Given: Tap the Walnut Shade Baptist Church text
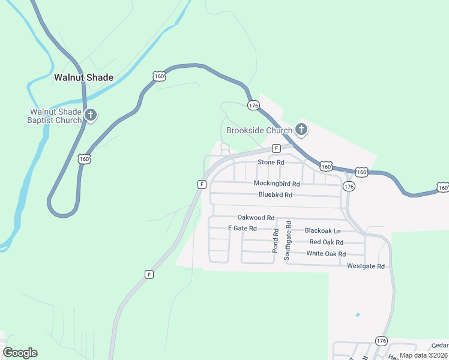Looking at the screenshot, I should [56, 116].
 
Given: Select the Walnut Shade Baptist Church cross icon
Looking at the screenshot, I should [91, 115].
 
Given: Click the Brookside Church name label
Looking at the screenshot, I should [259, 130].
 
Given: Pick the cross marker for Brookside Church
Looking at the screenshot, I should [301, 130].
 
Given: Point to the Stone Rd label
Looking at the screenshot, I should [271, 163].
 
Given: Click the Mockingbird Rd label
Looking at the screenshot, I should [276, 183].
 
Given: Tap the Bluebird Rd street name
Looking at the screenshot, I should [276, 194].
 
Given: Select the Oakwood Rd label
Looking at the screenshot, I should [256, 218].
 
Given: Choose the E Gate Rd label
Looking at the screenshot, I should [243, 229].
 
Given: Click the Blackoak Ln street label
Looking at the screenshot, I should [322, 230].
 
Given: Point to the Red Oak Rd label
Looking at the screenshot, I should [326, 242].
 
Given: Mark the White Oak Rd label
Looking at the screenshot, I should [326, 254].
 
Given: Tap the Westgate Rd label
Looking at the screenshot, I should [366, 266].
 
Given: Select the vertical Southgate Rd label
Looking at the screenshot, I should [288, 240].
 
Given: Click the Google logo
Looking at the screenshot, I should [20, 353].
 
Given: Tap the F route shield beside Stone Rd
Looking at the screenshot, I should [276, 148].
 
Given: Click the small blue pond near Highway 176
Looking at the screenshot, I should [358, 314].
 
